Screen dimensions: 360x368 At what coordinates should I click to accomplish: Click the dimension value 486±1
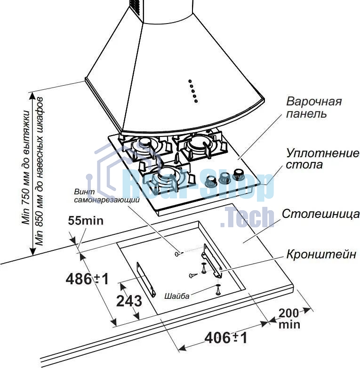click(x=88, y=279)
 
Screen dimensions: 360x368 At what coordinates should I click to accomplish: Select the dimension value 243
click(x=129, y=301)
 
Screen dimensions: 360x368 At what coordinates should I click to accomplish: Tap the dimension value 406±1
click(x=226, y=338)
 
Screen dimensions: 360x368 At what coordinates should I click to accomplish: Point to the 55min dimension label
click(x=86, y=221)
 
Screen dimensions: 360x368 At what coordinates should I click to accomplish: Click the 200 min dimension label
click(x=289, y=319)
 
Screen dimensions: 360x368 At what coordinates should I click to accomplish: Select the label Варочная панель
click(x=314, y=107)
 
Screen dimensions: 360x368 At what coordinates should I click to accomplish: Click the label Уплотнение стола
click(x=322, y=159)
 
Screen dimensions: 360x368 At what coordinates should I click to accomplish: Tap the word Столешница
click(x=320, y=214)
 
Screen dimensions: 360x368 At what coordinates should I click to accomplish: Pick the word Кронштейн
click(x=321, y=254)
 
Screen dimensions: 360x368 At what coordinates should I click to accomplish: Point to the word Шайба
click(x=177, y=296)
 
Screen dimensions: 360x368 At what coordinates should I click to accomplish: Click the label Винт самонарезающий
click(x=107, y=196)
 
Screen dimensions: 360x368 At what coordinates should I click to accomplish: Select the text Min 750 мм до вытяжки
click(x=26, y=167)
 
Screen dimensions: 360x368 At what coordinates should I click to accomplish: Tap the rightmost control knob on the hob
click(x=239, y=174)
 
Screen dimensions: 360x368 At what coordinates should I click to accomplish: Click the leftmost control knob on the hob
click(x=210, y=181)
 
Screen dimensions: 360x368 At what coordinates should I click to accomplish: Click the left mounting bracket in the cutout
click(x=146, y=280)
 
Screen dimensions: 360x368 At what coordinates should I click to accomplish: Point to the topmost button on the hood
click(x=190, y=81)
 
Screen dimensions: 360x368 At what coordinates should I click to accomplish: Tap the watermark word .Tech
click(x=247, y=217)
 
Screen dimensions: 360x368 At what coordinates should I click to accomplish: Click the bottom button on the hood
click(x=196, y=101)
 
